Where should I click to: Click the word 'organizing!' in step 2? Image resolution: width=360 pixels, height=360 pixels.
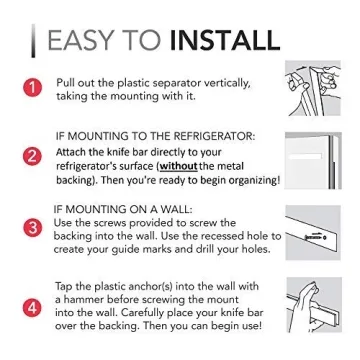point(247,181)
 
